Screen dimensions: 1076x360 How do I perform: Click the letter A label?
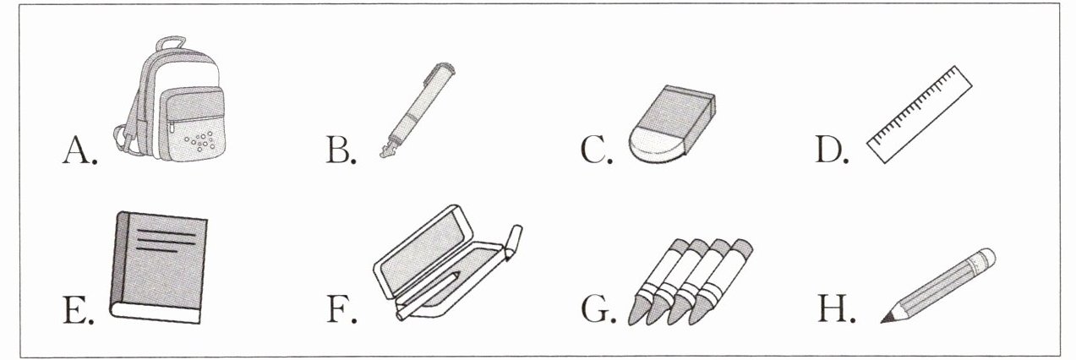(79, 150)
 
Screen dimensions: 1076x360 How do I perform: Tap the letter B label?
(341, 150)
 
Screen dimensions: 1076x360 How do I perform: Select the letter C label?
(596, 150)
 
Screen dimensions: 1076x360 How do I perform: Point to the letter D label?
(832, 150)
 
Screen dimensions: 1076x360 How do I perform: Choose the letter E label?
(79, 309)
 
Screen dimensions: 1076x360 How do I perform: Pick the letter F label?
(341, 309)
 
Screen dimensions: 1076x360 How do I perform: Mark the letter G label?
(598, 309)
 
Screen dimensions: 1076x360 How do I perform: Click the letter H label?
(836, 309)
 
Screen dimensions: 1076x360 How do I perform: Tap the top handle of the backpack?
(170, 42)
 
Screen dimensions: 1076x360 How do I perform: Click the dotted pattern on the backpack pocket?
(199, 140)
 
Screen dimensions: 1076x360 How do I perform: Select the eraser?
(672, 125)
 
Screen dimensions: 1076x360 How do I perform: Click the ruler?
(920, 114)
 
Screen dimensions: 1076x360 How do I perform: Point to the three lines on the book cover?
(167, 241)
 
